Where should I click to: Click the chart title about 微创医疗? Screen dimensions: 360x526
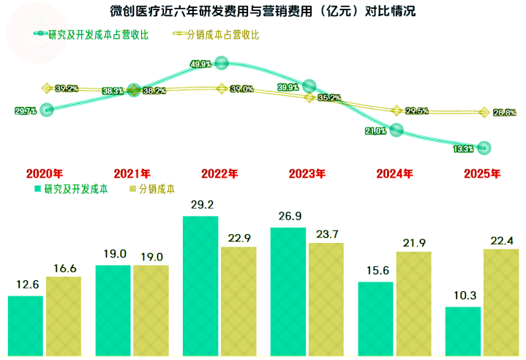(263, 12)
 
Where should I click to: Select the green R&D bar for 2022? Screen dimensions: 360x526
(200, 285)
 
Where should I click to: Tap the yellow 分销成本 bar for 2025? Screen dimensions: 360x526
(501, 302)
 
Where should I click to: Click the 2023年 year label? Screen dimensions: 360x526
(307, 174)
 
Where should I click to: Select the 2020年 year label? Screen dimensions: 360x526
(44, 174)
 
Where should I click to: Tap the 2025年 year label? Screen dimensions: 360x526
(483, 174)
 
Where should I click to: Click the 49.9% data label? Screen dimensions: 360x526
(200, 64)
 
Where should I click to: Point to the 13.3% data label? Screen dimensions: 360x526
(464, 149)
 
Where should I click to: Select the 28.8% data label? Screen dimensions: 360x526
(505, 113)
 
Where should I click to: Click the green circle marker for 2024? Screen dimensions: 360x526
(397, 130)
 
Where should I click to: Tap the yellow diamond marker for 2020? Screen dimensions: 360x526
(46, 88)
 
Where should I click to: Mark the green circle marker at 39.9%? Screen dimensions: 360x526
(309, 86)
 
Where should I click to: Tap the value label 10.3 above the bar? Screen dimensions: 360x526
(464, 296)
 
